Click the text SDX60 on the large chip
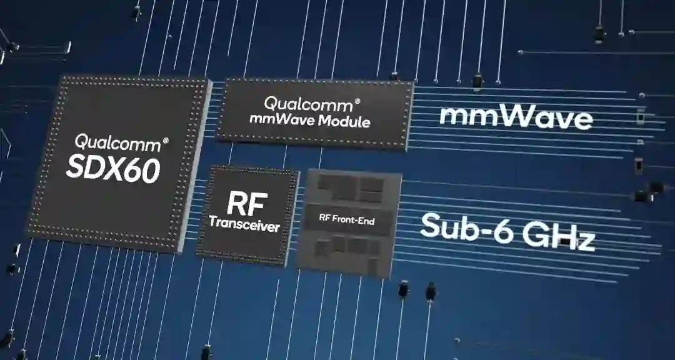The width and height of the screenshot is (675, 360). (112, 167)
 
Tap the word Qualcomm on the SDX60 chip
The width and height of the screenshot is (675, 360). (117, 142)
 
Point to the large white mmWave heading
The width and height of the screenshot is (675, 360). (516, 117)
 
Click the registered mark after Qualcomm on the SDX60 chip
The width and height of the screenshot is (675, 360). (165, 141)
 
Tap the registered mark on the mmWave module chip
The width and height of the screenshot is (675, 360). (357, 101)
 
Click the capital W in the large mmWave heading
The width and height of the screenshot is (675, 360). (503, 117)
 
